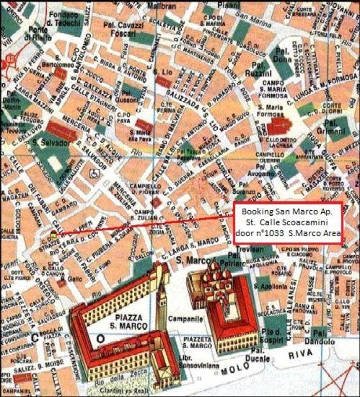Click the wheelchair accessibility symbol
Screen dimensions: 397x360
[94, 174]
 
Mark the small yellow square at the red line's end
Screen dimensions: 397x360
[53, 235]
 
